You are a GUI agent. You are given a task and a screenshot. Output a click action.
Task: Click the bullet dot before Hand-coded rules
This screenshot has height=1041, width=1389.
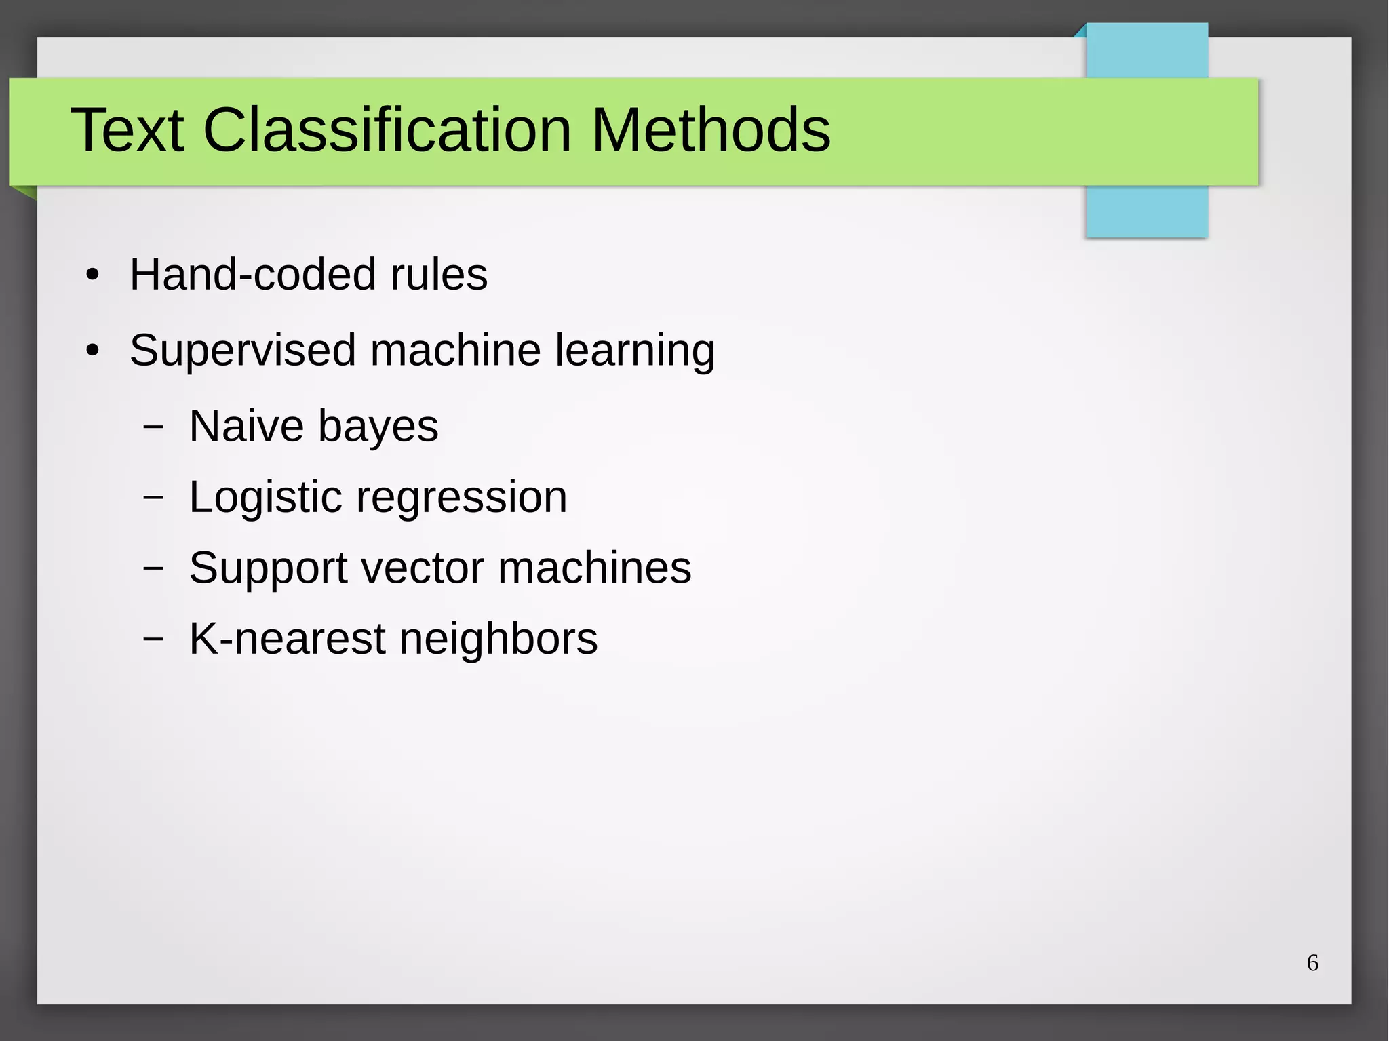click(x=93, y=276)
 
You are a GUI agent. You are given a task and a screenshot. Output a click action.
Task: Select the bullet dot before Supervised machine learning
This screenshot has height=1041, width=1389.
click(x=93, y=351)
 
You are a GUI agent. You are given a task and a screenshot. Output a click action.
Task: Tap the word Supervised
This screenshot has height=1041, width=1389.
click(x=242, y=351)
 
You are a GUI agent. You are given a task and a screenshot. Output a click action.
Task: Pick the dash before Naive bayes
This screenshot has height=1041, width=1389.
click(x=153, y=427)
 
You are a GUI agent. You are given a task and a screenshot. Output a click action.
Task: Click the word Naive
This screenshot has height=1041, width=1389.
click(x=246, y=427)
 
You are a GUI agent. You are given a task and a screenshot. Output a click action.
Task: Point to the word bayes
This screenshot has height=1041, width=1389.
click(x=378, y=428)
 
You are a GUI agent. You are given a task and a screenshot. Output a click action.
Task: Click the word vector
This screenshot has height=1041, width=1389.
click(x=422, y=568)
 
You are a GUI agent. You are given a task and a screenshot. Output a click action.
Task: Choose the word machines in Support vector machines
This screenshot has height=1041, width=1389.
click(x=595, y=568)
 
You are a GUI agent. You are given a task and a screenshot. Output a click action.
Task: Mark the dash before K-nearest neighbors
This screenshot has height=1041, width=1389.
click(x=153, y=639)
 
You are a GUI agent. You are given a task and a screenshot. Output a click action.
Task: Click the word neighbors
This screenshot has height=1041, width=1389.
click(x=498, y=640)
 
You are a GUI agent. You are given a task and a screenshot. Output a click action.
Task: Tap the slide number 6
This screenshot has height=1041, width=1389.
click(x=1312, y=963)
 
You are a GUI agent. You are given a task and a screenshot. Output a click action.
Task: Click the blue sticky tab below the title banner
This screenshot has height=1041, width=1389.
click(x=1146, y=212)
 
